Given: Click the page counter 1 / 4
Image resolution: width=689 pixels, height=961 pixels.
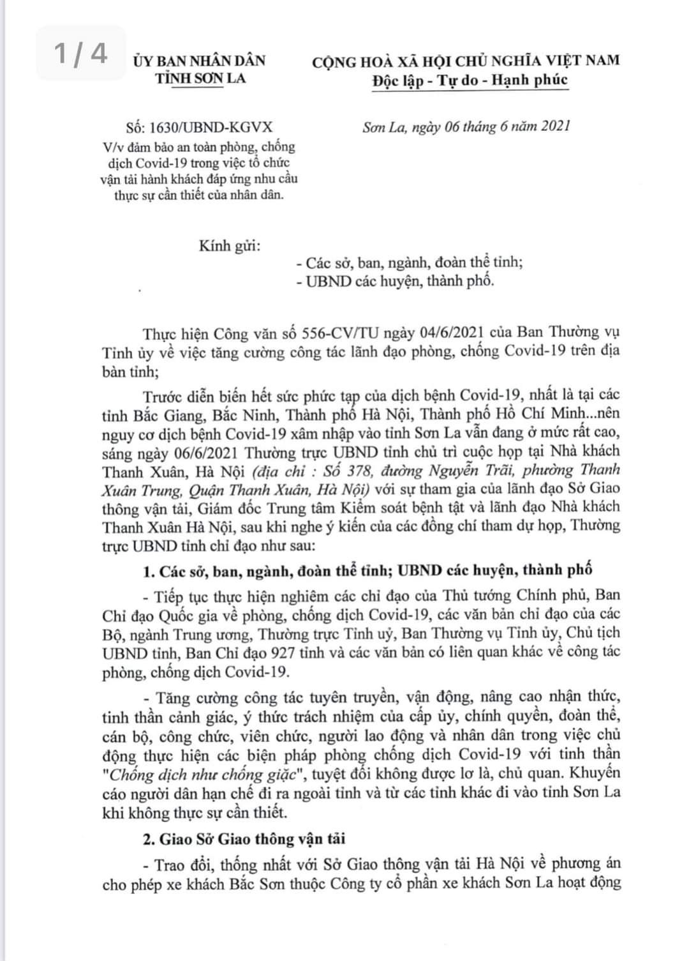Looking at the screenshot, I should coord(80,54).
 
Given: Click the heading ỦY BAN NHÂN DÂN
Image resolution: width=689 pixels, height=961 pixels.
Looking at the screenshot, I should coord(199,61).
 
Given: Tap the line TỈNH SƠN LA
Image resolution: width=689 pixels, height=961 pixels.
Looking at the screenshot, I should coord(200,78).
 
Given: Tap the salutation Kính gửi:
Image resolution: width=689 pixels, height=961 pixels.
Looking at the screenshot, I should coord(230,246).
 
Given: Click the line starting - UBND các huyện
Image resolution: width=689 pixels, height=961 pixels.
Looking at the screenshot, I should coord(395,281).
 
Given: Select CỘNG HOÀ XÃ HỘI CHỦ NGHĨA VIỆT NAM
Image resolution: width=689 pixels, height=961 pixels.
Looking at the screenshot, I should coord(466,61).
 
